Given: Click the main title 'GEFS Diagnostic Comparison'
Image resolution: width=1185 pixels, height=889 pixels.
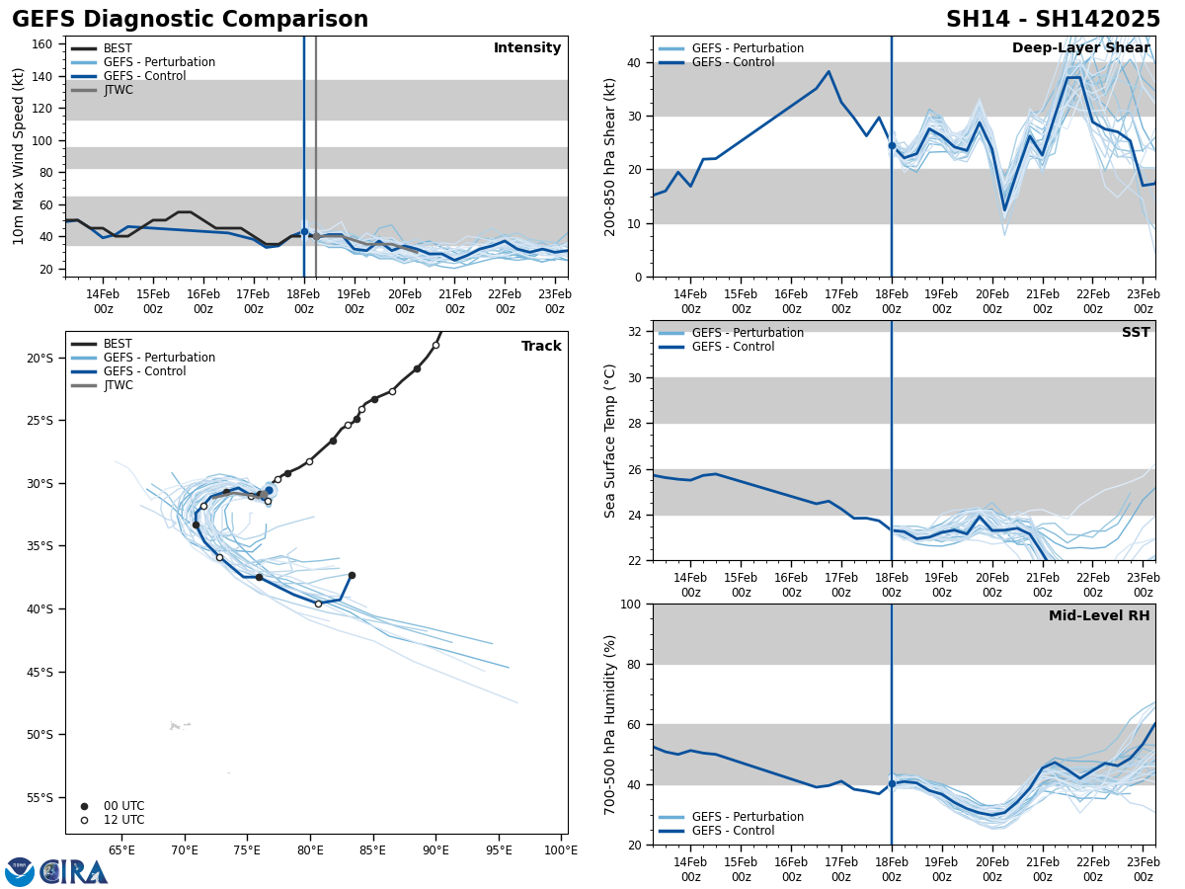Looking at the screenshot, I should (x=190, y=20).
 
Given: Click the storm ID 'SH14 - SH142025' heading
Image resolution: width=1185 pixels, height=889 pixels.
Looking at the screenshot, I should (x=1053, y=20).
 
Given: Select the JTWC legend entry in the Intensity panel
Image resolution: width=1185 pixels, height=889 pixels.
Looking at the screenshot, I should (x=118, y=90).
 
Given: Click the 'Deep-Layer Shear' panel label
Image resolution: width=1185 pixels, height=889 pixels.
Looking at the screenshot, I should (x=1080, y=48).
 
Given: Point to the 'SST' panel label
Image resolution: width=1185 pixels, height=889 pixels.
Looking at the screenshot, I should (x=1136, y=333).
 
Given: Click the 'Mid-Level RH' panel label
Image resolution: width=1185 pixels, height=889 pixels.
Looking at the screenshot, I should (x=1099, y=616).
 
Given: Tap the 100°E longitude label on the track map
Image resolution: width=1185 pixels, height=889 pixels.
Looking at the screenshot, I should (x=560, y=849).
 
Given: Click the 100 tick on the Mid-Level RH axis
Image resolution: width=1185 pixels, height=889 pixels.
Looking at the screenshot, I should (x=633, y=604).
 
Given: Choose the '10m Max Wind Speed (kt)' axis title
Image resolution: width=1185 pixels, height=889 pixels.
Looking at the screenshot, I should (x=19, y=156).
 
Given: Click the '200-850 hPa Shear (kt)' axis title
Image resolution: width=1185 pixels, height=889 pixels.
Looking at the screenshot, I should (x=610, y=156).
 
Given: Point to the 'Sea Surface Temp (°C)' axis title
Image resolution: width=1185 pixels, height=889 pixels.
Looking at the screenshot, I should (x=610, y=441).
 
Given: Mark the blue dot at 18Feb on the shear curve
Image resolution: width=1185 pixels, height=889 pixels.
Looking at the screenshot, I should (x=892, y=145).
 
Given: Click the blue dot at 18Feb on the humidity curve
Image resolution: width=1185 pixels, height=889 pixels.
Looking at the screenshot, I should (x=892, y=783).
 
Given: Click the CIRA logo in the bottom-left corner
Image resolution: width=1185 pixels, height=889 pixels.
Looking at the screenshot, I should (x=57, y=871).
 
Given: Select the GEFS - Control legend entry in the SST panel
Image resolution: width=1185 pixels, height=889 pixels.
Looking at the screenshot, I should (x=733, y=347).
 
